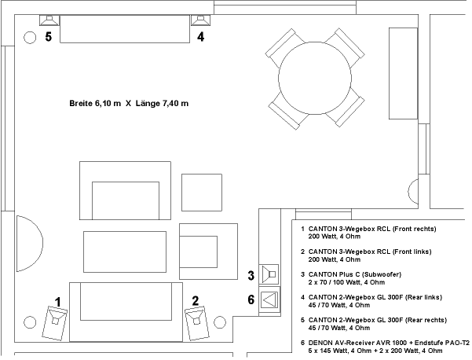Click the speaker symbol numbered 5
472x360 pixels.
tap(49, 20)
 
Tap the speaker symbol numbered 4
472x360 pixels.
tap(200, 20)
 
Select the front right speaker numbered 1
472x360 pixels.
tap(55, 323)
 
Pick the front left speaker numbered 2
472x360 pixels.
tap(197, 323)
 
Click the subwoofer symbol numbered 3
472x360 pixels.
tap(269, 274)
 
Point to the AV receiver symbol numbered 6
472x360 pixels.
tap(269, 299)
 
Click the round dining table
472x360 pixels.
tap(315, 78)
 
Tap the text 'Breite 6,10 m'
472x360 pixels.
tap(95, 103)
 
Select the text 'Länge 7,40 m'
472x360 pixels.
tap(162, 103)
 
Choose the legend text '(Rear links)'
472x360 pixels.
tap(423, 297)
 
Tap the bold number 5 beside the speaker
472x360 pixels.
tap(49, 37)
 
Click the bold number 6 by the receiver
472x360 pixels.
tap(251, 299)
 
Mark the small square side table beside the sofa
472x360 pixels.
tap(202, 193)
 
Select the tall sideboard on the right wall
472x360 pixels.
tap(403, 74)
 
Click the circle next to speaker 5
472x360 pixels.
tap(30, 38)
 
